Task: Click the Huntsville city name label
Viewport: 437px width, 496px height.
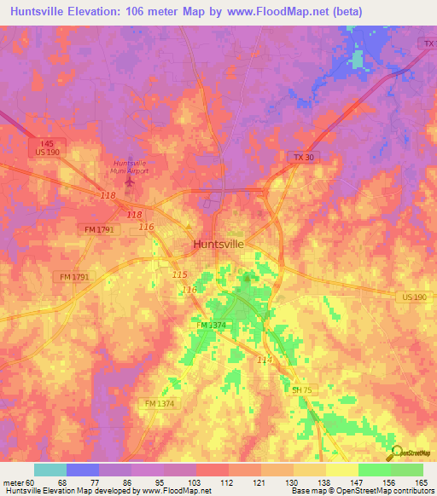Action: pos(218,244)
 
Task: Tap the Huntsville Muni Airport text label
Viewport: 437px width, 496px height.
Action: pos(131,166)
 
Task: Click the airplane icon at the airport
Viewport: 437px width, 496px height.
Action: pos(131,180)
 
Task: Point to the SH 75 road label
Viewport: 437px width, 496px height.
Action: pos(301,389)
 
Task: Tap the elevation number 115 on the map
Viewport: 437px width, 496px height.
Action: pos(179,274)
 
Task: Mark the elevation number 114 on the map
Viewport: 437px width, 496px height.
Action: pos(265,360)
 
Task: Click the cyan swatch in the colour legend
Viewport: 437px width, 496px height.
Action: pos(50,470)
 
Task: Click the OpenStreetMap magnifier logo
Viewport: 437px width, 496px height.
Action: pos(395,453)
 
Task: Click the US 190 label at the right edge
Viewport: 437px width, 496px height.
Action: pos(417,296)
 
